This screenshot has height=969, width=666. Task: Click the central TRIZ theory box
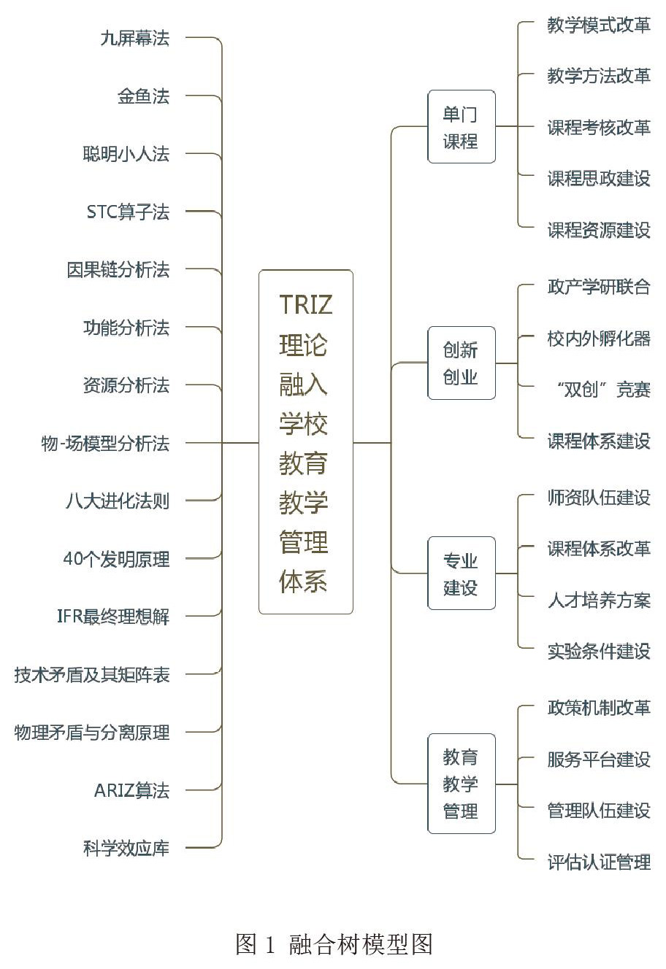pos(306,442)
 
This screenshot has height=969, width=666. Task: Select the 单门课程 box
pos(461,127)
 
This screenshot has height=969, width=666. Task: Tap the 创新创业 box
pos(461,363)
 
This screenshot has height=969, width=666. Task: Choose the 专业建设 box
pos(461,574)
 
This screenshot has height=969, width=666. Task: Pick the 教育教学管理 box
pos(461,784)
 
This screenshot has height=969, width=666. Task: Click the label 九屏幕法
pos(135,38)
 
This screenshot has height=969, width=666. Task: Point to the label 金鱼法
pos(143,96)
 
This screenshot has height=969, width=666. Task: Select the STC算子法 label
pos(128,212)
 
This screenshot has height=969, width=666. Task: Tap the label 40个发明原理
pos(116,559)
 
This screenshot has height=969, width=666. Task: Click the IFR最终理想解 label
pos(113,617)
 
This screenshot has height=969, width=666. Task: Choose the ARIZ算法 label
pos(131,790)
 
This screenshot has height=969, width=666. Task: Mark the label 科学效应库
pos(126,848)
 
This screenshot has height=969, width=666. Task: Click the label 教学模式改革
pos(599,25)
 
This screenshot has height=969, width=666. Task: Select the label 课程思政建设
pos(599,179)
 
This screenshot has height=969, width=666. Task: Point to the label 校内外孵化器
pos(599,339)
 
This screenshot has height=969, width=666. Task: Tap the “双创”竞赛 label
pos(603,390)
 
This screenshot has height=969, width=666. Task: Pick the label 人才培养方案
pos(599,601)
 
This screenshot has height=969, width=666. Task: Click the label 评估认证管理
pos(599,862)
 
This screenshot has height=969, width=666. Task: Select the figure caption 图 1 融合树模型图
pos(334,944)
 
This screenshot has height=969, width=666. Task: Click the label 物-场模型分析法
pos(105,443)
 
